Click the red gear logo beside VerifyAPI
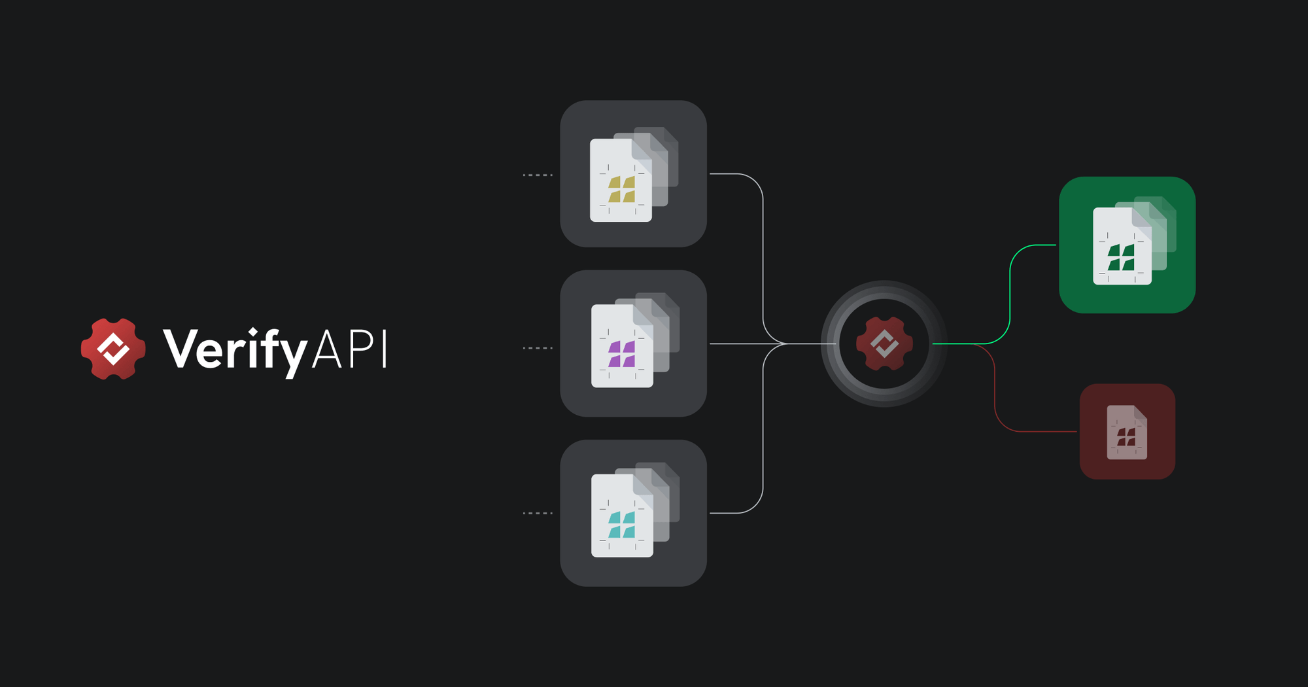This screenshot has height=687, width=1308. pyautogui.click(x=113, y=349)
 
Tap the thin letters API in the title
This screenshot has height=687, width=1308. pyautogui.click(x=350, y=349)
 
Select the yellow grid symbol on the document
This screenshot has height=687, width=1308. pyautogui.click(x=622, y=190)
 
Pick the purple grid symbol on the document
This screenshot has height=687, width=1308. pyautogui.click(x=622, y=354)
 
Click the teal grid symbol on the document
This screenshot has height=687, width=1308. pyautogui.click(x=622, y=525)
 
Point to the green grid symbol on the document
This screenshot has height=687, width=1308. pyautogui.click(x=1121, y=258)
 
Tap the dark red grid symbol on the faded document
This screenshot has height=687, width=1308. pyautogui.click(x=1126, y=437)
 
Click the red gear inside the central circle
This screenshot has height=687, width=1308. pyautogui.click(x=884, y=343)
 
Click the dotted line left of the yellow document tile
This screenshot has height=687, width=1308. pyautogui.click(x=538, y=175)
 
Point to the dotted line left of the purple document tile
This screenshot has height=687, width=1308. pyautogui.click(x=538, y=348)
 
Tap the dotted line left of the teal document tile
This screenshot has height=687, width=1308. pyautogui.click(x=538, y=514)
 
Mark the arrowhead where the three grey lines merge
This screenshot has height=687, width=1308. pyautogui.click(x=782, y=343)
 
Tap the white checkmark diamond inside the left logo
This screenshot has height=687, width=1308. pyautogui.click(x=113, y=349)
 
